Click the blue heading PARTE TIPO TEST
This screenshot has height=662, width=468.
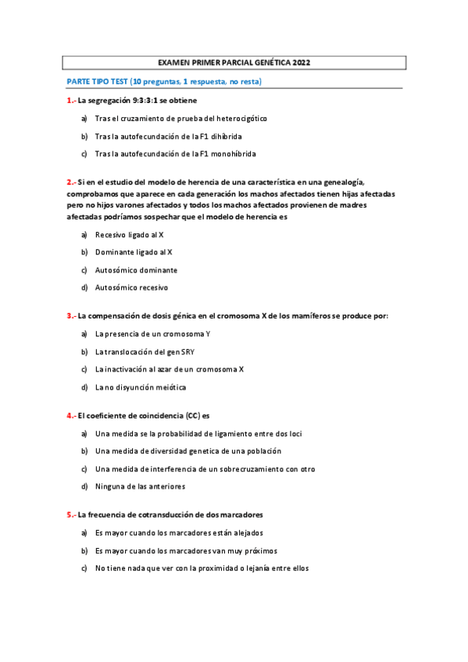tap(98, 81)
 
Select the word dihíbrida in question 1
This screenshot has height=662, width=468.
tap(215, 136)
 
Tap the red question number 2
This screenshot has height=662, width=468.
tap(70, 181)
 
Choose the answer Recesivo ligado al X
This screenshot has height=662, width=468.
tap(129, 234)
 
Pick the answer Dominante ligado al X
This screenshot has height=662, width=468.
tap(134, 252)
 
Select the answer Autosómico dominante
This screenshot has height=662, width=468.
tap(136, 270)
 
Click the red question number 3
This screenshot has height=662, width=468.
tap(70, 315)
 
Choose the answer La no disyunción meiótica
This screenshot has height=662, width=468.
tap(141, 387)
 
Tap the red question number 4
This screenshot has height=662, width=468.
tap(70, 415)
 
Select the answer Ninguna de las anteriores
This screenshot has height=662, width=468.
tap(140, 487)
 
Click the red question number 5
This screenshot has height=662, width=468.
tap(70, 514)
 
